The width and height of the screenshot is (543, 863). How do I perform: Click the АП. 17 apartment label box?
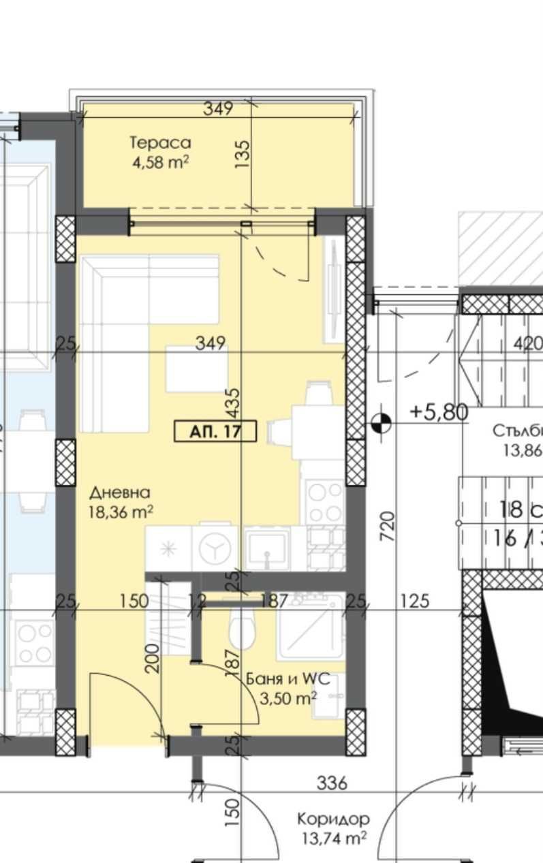(215, 431)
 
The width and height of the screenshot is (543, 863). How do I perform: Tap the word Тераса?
(160, 143)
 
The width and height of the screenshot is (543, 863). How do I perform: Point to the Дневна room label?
(120, 492)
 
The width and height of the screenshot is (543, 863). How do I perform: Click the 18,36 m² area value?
(120, 512)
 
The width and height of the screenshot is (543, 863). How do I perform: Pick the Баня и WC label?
(288, 679)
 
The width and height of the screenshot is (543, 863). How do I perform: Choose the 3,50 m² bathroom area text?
(289, 697)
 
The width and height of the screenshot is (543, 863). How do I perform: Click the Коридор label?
(334, 819)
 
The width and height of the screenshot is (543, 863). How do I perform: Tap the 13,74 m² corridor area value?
(334, 838)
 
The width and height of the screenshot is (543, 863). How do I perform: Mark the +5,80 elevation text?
(439, 411)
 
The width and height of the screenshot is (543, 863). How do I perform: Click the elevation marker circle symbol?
(382, 424)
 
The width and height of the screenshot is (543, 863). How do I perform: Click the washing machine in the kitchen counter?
(215, 546)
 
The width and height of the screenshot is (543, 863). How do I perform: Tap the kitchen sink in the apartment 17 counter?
(266, 549)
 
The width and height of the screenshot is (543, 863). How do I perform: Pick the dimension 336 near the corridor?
(332, 783)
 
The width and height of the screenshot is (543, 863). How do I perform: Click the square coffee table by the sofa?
(196, 369)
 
